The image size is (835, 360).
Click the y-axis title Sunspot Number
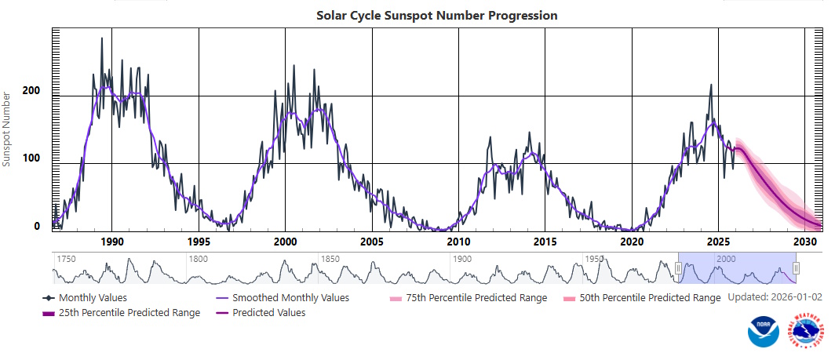tap(7, 129)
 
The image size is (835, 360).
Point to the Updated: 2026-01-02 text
tap(776, 298)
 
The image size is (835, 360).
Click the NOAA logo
tap(764, 333)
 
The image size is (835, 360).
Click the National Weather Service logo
tap(807, 333)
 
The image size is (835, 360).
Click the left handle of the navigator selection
tap(678, 268)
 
